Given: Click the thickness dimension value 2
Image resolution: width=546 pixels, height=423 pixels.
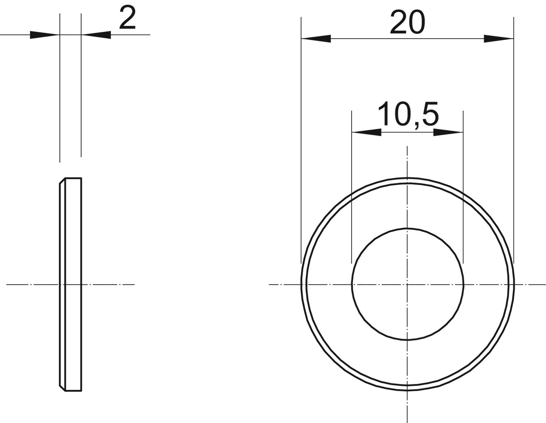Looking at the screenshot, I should coord(127,19).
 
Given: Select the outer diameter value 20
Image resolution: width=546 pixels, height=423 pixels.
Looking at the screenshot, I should coord(407,23).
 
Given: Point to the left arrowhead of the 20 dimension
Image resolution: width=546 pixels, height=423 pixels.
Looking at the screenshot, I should coord(316,39).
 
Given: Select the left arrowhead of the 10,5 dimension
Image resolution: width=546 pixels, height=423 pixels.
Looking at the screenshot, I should coord(366,133).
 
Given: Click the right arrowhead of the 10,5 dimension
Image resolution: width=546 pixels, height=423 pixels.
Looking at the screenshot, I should coord(448,133).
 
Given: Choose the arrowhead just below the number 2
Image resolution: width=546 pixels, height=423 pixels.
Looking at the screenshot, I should coord(96,35).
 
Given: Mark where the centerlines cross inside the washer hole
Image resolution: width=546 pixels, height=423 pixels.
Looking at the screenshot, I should coord(407,284).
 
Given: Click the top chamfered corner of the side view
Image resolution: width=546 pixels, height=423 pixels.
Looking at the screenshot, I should coord(62,181).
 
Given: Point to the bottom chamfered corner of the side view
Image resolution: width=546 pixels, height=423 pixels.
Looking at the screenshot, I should coord(62,388).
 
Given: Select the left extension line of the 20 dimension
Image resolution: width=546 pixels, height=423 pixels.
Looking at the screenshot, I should coord(301,146).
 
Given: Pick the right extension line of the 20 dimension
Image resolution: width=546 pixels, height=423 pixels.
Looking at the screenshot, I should coord(514,146).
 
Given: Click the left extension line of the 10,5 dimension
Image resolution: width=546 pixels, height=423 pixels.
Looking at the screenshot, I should coord(352,189).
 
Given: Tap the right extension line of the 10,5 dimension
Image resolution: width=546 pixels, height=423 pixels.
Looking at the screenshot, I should coord(463,189).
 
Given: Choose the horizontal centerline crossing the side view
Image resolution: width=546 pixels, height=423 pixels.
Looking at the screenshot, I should coord(109,284).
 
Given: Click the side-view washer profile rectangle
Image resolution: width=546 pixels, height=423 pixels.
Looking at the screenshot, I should coord(73,237).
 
